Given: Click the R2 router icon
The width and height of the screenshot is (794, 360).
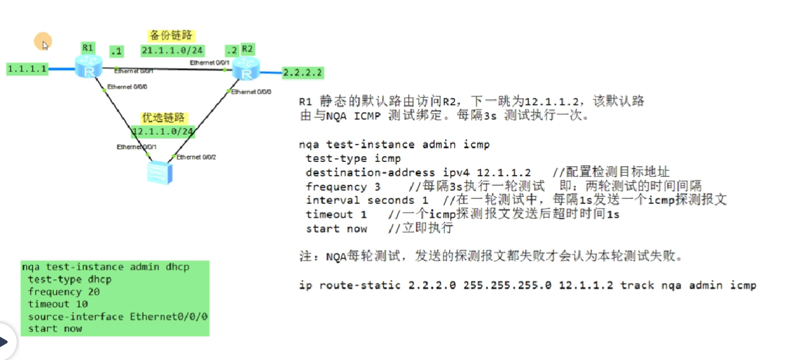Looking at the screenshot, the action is tap(247, 69).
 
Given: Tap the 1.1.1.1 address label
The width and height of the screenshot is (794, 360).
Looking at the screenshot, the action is tap(27, 69).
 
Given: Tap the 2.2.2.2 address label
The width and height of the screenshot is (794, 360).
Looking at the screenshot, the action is tap(303, 73).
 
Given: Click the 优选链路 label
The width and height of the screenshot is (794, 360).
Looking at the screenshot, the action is tap(163, 117).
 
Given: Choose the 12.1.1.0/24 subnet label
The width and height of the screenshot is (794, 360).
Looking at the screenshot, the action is tap(163, 131).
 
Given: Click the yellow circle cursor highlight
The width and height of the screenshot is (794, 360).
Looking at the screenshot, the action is tap(43, 42).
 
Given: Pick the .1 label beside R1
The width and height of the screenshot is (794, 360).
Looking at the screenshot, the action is tap(116, 51).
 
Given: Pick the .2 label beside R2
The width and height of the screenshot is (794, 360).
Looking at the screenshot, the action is tap(231, 50).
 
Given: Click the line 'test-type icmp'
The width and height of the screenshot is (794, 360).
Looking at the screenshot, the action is tap(353, 158).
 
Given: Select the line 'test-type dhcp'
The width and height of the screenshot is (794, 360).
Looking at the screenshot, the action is tap(69, 279).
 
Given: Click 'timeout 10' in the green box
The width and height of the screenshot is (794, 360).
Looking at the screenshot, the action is tap(57, 304).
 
